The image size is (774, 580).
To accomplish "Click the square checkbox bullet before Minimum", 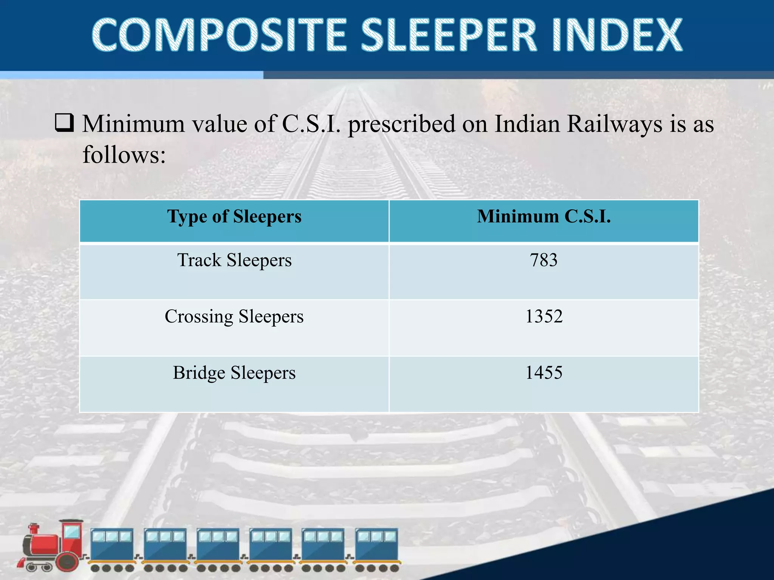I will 64,123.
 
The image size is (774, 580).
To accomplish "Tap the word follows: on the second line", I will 124,154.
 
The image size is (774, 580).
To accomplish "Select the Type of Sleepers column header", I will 234,217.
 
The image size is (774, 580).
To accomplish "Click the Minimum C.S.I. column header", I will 543,217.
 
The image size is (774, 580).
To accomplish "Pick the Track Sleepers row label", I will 234,260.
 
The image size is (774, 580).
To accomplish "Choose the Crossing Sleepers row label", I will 234,316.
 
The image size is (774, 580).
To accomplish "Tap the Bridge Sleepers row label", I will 234,373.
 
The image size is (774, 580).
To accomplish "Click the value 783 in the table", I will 543,260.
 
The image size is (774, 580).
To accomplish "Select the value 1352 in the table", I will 543,316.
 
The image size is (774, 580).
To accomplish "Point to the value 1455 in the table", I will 543,372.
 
